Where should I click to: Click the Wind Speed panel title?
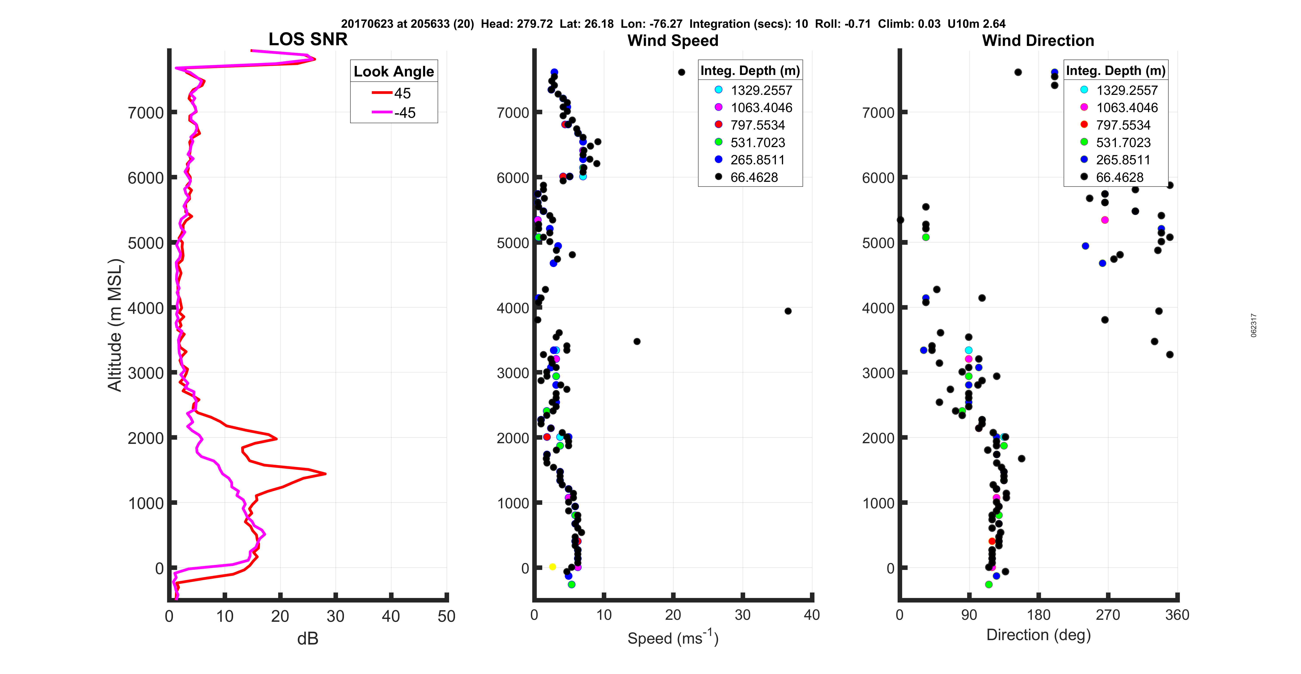tap(673, 40)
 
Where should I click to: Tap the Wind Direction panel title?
tap(1038, 40)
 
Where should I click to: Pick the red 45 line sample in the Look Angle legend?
tap(382, 93)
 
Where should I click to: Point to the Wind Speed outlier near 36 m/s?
tap(788, 311)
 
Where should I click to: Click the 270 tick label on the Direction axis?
tap(1107, 615)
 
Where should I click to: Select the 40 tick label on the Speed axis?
tap(812, 615)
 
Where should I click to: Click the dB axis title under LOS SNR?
tap(308, 639)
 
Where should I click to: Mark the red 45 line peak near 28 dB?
tap(325, 474)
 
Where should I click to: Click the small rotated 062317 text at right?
tap(1254, 325)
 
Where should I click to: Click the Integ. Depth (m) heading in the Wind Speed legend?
tap(750, 71)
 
